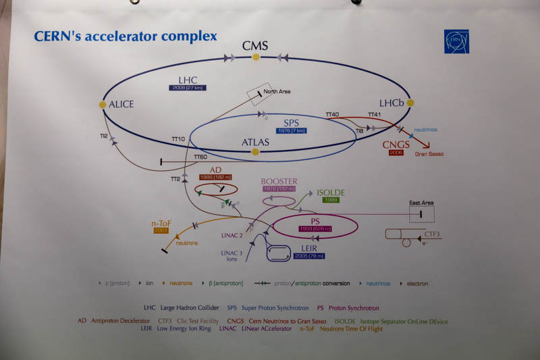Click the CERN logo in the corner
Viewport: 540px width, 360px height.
point(456,41)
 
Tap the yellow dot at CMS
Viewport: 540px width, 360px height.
point(256,57)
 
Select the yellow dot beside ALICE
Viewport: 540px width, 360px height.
point(103,105)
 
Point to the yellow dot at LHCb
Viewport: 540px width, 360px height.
point(409,103)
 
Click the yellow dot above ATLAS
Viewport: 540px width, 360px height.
point(255,152)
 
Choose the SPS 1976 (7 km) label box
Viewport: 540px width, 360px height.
point(291,130)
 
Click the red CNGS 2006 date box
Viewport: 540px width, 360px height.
point(396,153)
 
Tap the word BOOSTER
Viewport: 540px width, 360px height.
point(279,181)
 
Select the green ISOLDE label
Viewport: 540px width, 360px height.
point(331,192)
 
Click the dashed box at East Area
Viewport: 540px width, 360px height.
point(422,214)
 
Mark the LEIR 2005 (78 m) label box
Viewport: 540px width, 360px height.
point(306,256)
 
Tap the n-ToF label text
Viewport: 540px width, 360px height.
point(160,222)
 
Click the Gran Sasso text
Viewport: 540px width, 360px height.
point(429,154)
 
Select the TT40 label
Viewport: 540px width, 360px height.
point(332,115)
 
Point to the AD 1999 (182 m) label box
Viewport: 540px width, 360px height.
point(215,177)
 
